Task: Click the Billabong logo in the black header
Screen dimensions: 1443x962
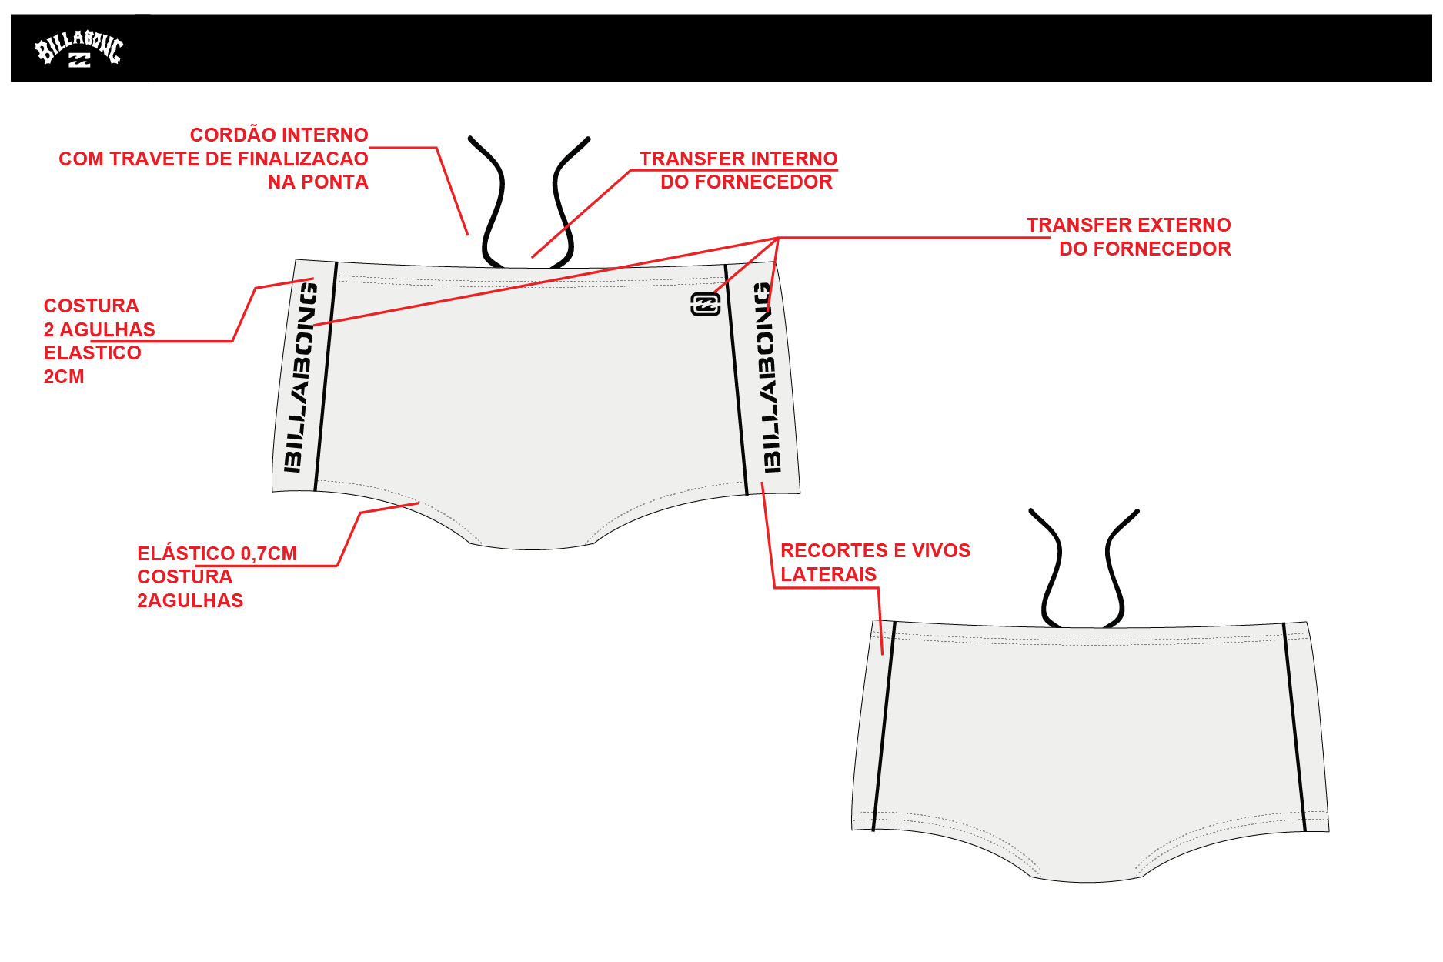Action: pos(79,49)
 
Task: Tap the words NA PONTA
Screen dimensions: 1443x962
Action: pos(318,182)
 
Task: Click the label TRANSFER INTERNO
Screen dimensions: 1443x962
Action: pos(739,159)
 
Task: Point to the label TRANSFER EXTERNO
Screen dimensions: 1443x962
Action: pos(1129,225)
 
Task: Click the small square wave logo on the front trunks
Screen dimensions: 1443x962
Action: pos(706,305)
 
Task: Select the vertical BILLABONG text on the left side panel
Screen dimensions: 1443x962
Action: pos(299,377)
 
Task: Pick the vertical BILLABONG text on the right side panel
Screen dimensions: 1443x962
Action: pos(767,376)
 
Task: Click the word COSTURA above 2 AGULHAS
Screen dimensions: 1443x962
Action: pos(91,306)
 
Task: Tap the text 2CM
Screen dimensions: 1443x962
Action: pos(64,376)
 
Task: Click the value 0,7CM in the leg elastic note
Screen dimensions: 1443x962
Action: pos(269,553)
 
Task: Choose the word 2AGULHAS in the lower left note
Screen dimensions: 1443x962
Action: pos(190,600)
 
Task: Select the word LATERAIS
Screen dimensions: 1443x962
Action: pos(828,574)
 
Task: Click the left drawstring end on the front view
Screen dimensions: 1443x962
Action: pos(470,139)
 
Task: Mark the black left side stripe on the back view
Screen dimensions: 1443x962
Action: pos(884,727)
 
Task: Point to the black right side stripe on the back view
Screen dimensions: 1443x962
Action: pos(1294,727)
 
